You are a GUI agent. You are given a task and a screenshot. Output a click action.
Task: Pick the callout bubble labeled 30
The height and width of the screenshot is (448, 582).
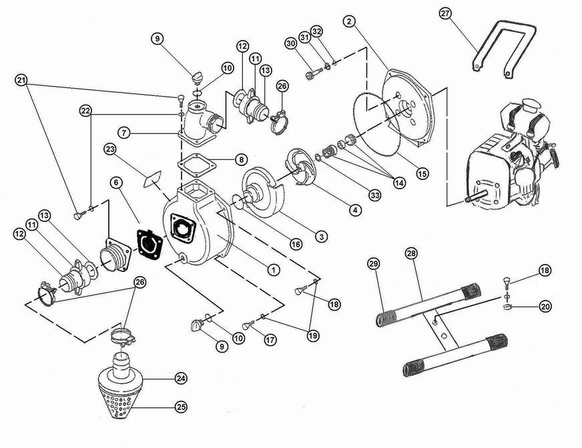[x=290, y=43]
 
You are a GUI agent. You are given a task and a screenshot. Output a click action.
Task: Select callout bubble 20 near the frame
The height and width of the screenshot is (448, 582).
[x=546, y=307]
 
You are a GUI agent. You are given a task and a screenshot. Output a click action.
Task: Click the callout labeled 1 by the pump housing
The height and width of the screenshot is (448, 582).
[x=272, y=269]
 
